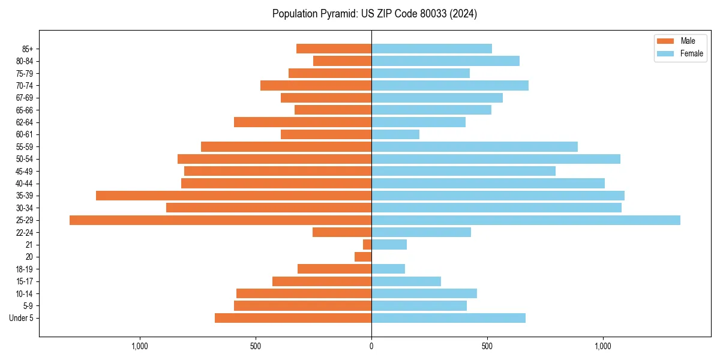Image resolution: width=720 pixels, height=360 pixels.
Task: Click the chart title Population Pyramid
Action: tap(374, 14)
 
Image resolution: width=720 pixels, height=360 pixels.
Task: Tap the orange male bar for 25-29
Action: tap(220, 220)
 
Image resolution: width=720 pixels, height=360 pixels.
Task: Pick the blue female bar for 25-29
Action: tap(526, 220)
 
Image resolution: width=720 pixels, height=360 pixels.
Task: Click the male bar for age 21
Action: tap(367, 245)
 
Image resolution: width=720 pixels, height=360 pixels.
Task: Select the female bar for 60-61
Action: tap(395, 134)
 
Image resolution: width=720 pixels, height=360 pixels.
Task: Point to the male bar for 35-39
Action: tap(233, 196)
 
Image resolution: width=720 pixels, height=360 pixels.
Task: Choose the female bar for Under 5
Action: tap(448, 318)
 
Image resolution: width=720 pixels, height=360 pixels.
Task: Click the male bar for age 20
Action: tap(363, 257)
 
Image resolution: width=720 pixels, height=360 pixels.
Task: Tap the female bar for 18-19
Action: tap(388, 269)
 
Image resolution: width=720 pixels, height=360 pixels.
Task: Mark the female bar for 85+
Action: tap(431, 49)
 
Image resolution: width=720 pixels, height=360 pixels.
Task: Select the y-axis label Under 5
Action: tap(21, 318)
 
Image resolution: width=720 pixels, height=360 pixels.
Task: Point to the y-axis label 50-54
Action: tap(24, 159)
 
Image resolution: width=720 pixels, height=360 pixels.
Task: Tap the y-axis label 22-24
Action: tap(24, 232)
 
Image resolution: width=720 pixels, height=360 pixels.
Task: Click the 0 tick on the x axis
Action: tap(371, 346)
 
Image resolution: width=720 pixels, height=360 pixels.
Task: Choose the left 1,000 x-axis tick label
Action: tap(140, 346)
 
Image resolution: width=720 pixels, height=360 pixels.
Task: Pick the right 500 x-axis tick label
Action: tap(487, 346)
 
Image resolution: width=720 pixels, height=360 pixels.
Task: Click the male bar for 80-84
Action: tap(342, 61)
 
